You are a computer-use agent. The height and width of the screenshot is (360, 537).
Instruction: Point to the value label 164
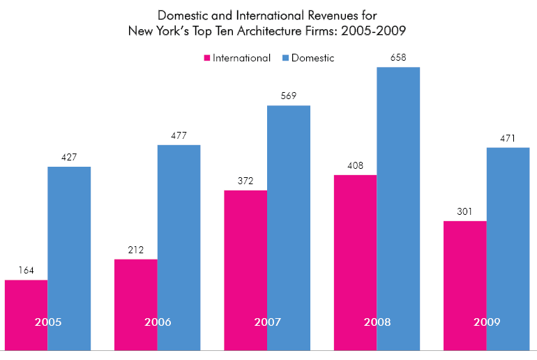pos(27,271)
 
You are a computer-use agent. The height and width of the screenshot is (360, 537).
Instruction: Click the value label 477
pos(179,135)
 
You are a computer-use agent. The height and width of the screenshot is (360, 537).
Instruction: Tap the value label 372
pos(245,181)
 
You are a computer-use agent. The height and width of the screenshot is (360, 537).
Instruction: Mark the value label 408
pos(356,165)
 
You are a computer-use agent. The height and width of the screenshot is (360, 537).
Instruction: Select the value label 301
pos(465,211)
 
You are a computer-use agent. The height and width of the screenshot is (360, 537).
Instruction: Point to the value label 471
pos(508,138)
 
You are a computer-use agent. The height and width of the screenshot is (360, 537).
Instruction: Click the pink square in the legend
pos(206,58)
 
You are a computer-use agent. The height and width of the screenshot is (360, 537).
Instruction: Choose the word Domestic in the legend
pos(314,58)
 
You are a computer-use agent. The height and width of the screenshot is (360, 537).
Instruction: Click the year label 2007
pos(267,322)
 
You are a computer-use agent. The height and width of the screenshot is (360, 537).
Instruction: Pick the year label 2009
pos(487,322)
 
